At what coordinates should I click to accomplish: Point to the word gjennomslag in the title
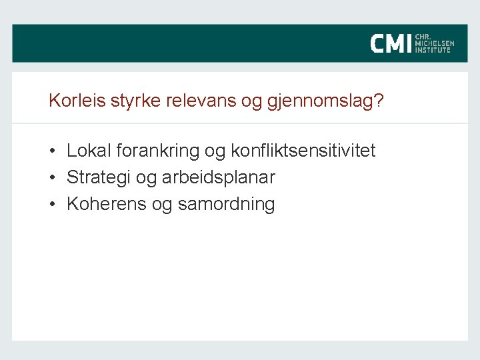tap(321, 103)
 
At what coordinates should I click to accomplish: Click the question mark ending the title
tap(379, 101)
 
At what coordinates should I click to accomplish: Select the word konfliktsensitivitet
tap(303, 151)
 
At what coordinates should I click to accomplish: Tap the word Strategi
tap(97, 178)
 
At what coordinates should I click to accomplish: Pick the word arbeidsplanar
tap(218, 178)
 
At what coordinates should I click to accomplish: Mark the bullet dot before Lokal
tap(52, 152)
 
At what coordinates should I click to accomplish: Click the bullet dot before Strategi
tap(52, 179)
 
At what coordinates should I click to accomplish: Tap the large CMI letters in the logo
tap(391, 44)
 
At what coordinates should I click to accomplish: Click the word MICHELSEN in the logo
tap(434, 44)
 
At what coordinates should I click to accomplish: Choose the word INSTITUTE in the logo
tap(433, 50)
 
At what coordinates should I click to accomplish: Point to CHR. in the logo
tap(422, 37)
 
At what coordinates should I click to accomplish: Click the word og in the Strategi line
tap(147, 179)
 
